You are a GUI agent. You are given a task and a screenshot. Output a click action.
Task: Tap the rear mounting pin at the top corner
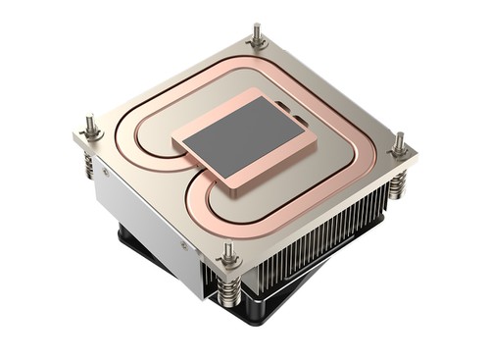tap(258, 35)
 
